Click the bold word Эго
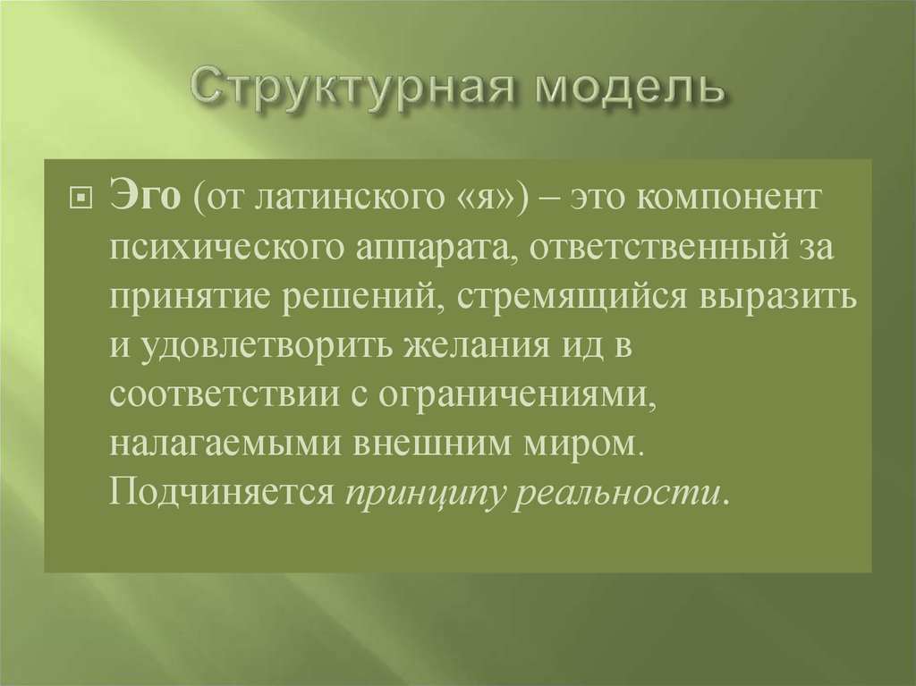143,197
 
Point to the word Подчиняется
222,493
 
